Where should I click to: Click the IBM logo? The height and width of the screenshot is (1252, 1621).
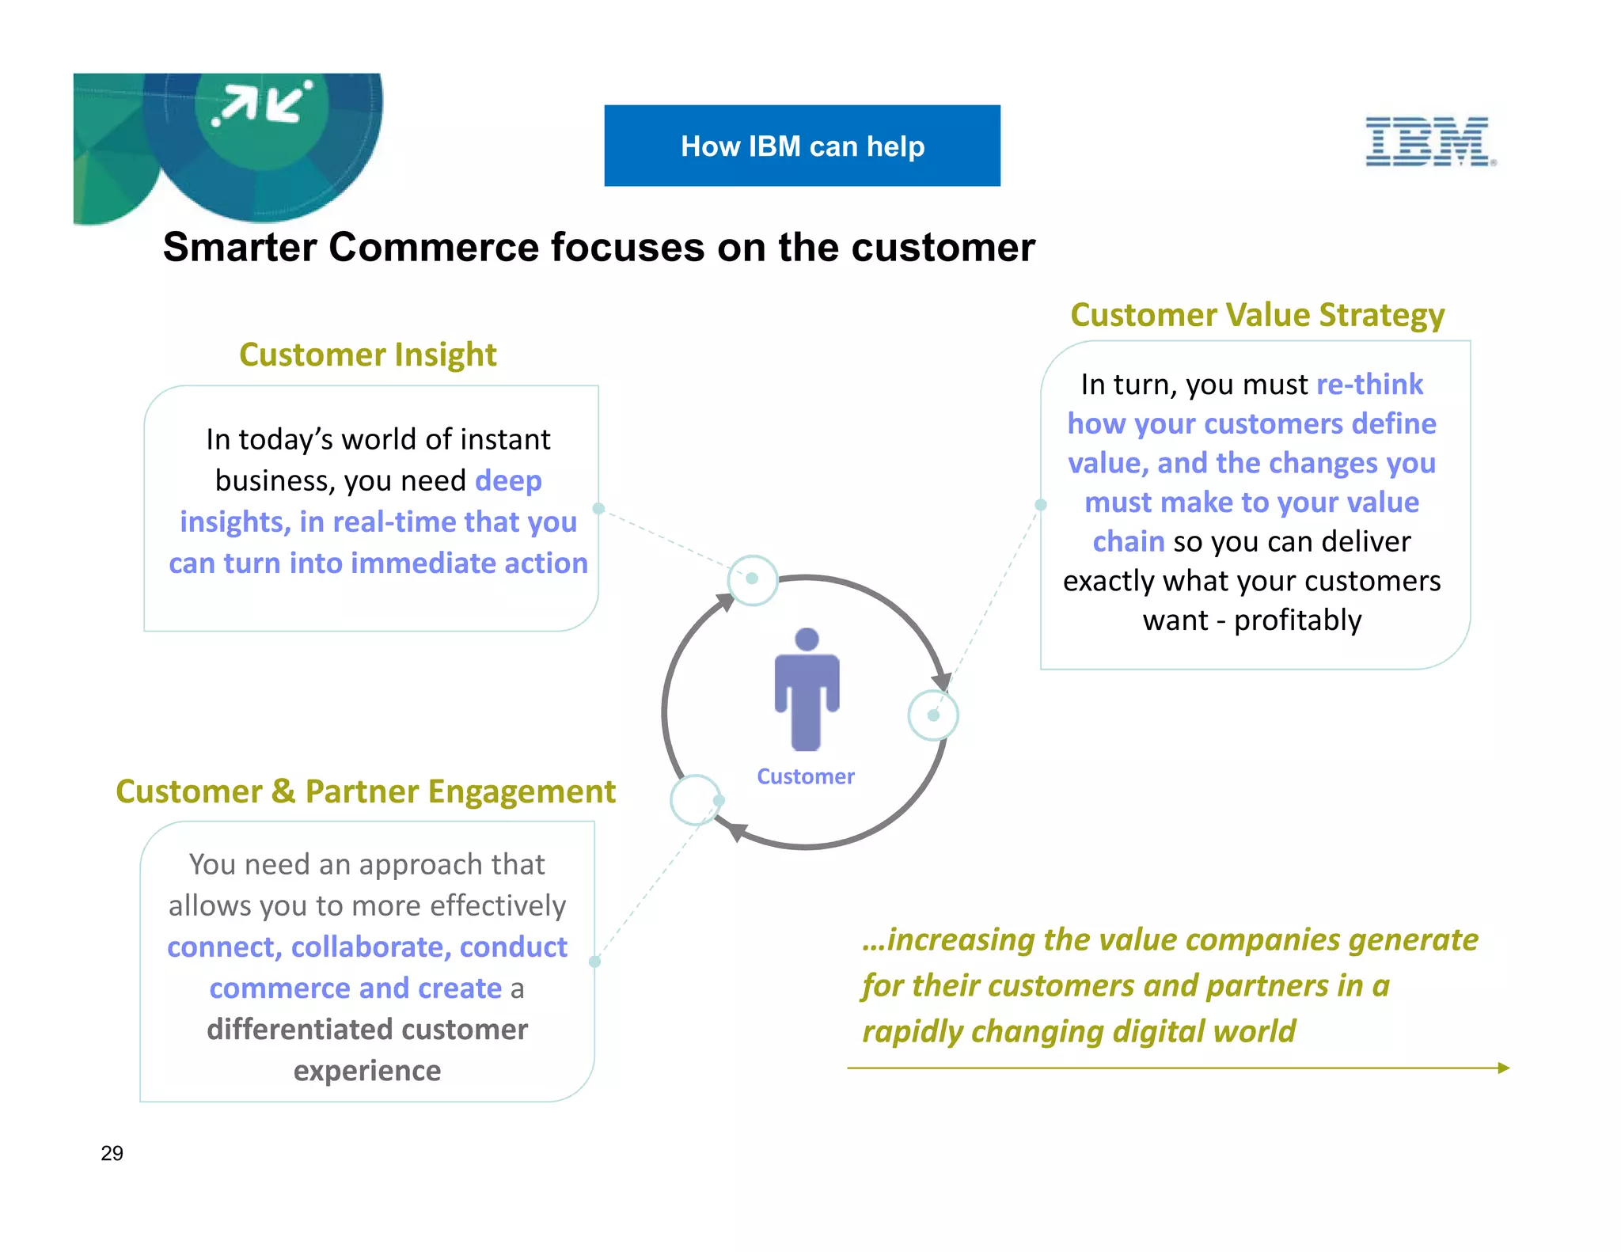pyautogui.click(x=1429, y=142)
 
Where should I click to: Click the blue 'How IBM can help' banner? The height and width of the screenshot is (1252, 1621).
pyautogui.click(x=802, y=146)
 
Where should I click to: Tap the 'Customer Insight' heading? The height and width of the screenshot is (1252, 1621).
pyautogui.click(x=368, y=355)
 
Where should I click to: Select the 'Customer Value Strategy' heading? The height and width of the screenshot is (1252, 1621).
pyautogui.click(x=1257, y=315)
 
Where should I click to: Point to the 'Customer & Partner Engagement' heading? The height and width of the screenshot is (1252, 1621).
pyautogui.click(x=366, y=791)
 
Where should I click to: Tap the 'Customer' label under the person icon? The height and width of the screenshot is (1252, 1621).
pyautogui.click(x=806, y=776)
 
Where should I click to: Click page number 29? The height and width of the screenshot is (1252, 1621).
pyautogui.click(x=112, y=1153)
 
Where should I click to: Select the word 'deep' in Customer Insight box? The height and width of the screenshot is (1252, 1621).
pyautogui.click(x=508, y=481)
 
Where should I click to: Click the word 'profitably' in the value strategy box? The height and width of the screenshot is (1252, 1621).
pyautogui.click(x=1297, y=620)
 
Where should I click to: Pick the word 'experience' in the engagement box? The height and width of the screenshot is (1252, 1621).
pyautogui.click(x=367, y=1071)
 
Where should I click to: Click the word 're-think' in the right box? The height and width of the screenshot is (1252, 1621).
pyautogui.click(x=1369, y=385)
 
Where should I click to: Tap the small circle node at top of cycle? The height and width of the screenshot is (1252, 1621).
pyautogui.click(x=752, y=579)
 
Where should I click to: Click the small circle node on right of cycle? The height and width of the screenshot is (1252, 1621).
pyautogui.click(x=933, y=715)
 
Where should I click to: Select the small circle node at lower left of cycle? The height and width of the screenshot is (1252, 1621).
pyautogui.click(x=696, y=800)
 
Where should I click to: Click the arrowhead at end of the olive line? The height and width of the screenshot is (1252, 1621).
pyautogui.click(x=1503, y=1068)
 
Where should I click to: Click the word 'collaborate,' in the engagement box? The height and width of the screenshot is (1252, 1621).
pyautogui.click(x=370, y=947)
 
